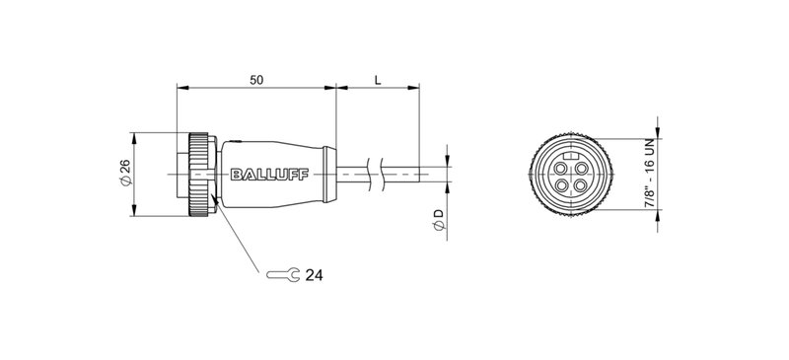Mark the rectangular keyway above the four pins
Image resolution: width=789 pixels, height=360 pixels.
tap(573, 155)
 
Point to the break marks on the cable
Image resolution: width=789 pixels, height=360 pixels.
tap(375, 175)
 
